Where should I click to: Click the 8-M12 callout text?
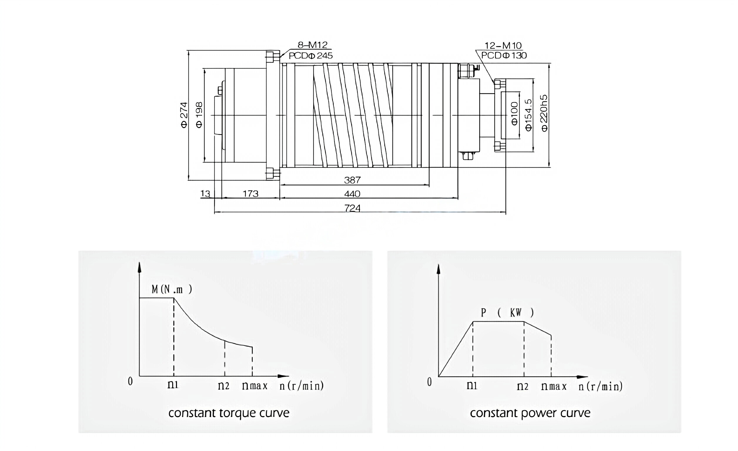click(x=312, y=45)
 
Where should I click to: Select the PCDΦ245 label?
click(x=311, y=56)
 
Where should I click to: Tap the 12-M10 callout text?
click(x=503, y=46)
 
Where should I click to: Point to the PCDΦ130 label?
click(x=504, y=55)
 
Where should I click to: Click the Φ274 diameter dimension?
click(x=184, y=115)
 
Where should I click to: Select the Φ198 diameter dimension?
click(x=199, y=115)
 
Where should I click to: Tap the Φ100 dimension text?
click(x=514, y=113)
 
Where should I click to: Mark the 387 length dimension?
click(x=352, y=180)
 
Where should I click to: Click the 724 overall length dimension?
click(x=352, y=208)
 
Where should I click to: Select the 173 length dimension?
click(x=250, y=194)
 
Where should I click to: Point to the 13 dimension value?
click(x=205, y=194)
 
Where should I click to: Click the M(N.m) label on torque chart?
click(x=172, y=289)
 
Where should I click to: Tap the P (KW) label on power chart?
click(x=507, y=313)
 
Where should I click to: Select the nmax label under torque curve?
click(x=255, y=386)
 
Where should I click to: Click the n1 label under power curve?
click(x=472, y=386)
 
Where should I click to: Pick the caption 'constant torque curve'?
click(x=229, y=413)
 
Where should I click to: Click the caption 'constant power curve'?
click(x=530, y=413)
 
